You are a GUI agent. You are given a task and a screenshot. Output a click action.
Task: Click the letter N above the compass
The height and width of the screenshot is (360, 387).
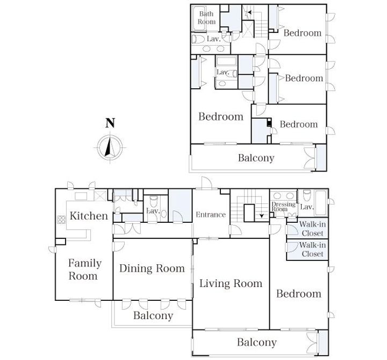(x=110, y=123)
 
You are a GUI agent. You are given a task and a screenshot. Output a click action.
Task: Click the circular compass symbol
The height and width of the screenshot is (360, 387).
(x=110, y=148)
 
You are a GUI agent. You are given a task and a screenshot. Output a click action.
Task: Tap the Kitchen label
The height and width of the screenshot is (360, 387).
(x=89, y=216)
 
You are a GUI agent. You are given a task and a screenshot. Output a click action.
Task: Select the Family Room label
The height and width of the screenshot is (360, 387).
(x=85, y=269)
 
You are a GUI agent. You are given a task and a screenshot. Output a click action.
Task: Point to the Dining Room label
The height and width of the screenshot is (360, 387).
(x=152, y=269)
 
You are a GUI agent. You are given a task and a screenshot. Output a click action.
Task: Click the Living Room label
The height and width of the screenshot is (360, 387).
(x=231, y=284)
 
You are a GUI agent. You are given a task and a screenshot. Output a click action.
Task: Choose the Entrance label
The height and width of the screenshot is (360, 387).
(x=211, y=215)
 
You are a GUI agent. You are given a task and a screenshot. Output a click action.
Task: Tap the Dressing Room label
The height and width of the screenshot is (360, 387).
(x=283, y=207)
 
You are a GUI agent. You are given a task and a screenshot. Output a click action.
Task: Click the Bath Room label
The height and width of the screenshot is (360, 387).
(x=206, y=18)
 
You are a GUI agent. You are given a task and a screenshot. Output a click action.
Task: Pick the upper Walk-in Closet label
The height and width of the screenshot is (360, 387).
(x=312, y=229)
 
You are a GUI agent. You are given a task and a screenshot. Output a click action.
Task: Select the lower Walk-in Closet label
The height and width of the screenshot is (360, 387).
(x=312, y=249)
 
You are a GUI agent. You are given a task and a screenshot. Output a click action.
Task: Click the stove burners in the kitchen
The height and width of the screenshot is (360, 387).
(x=61, y=220)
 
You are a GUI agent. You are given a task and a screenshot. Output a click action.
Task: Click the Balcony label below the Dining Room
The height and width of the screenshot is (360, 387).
(x=153, y=315)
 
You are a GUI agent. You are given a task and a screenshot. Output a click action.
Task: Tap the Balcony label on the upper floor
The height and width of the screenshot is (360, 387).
(x=256, y=158)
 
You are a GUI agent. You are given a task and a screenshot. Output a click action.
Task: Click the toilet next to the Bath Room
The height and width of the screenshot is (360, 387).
(x=198, y=39)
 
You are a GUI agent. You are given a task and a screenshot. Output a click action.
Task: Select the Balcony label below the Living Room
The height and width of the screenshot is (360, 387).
(x=257, y=342)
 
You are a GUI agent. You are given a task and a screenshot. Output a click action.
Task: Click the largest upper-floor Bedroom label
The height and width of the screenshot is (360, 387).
(x=221, y=117)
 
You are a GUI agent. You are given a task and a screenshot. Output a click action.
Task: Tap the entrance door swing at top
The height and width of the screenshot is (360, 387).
(x=207, y=183)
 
